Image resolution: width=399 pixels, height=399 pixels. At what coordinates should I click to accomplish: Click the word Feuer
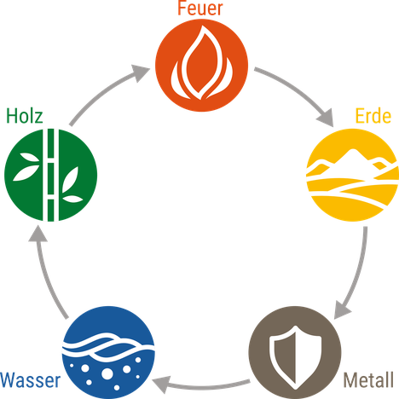point(200,9)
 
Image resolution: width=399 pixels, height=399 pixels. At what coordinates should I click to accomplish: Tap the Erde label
point(373,116)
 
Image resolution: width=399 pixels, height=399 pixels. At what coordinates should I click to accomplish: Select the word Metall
point(368,380)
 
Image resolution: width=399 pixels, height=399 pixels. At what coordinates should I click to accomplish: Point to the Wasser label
point(31,380)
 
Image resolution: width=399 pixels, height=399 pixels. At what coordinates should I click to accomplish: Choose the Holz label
point(25,116)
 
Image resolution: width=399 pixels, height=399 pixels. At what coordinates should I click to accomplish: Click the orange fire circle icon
point(201,65)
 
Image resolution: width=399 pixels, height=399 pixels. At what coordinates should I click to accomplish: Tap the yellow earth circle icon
point(353,175)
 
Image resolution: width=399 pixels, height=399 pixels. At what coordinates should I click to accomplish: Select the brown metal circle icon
point(295,352)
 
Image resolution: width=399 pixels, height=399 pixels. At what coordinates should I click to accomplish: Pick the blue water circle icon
point(108,352)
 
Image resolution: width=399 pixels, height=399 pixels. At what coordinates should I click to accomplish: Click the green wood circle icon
point(51,175)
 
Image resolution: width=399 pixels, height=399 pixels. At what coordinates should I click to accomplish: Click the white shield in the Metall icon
point(295,357)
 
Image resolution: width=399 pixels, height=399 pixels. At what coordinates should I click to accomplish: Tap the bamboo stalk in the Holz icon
point(51,175)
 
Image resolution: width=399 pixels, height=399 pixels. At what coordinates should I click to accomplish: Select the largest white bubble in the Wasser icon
point(107,373)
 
